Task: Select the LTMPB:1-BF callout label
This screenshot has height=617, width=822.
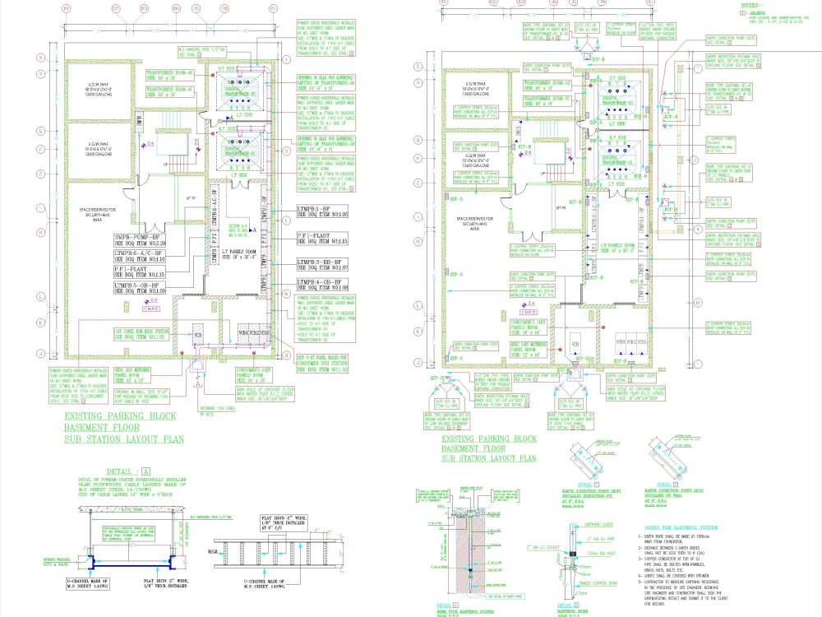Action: coord(323,211)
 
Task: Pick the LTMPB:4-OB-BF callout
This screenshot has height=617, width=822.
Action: coord(323,284)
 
